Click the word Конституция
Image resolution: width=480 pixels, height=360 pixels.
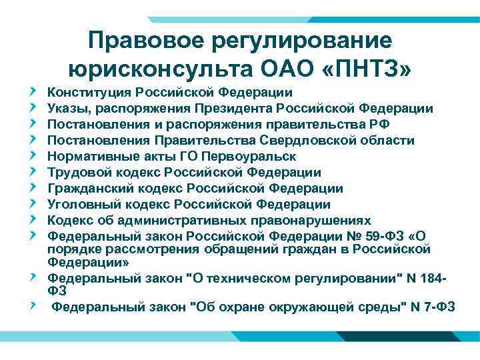tap(89, 93)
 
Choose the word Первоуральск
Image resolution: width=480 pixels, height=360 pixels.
tap(253, 157)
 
